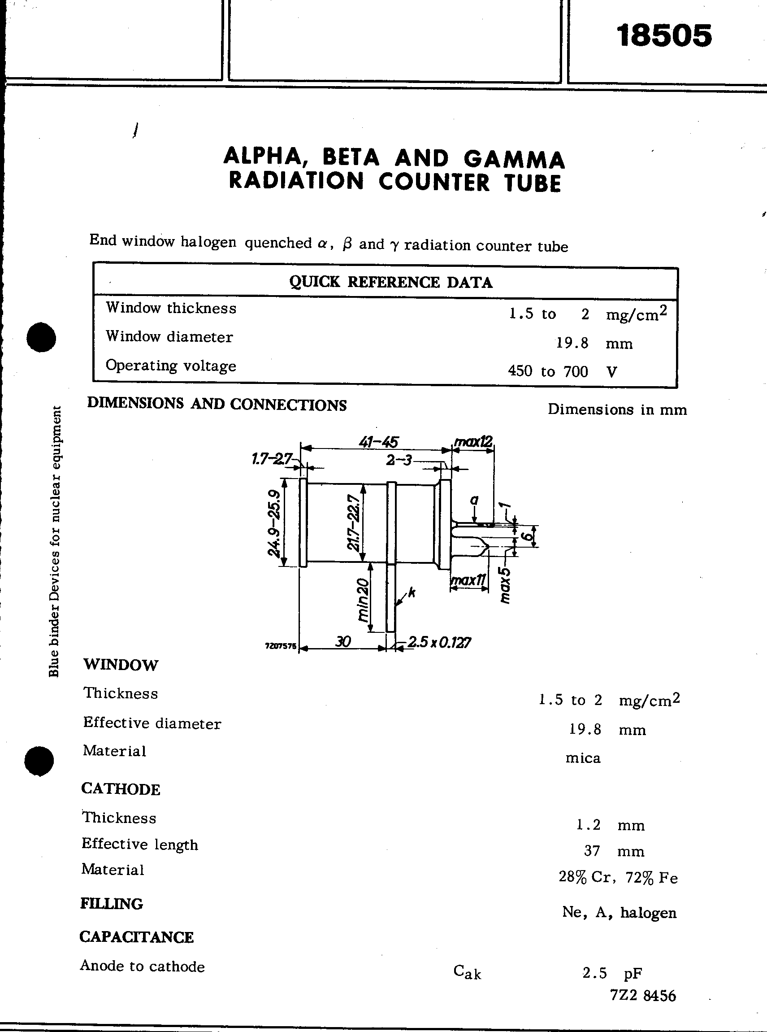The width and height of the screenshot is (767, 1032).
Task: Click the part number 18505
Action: coord(664,36)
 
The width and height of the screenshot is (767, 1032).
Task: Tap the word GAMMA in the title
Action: coord(515,159)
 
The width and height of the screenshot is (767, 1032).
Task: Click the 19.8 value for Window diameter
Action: coord(572,343)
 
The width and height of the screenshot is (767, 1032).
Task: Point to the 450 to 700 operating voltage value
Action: coord(548,371)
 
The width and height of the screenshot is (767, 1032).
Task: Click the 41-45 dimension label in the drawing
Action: coord(378,441)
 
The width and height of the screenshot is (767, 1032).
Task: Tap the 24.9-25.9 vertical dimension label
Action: coord(274,523)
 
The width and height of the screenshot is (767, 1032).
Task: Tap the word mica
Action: coord(583,758)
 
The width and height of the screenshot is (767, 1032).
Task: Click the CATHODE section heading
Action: coord(121,789)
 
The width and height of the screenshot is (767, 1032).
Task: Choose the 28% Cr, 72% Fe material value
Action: coord(618,877)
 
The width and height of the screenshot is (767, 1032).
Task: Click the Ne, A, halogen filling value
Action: coord(619,913)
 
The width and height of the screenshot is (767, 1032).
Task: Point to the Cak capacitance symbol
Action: coord(467,971)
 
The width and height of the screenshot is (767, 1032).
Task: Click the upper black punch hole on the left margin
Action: coord(41,337)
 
